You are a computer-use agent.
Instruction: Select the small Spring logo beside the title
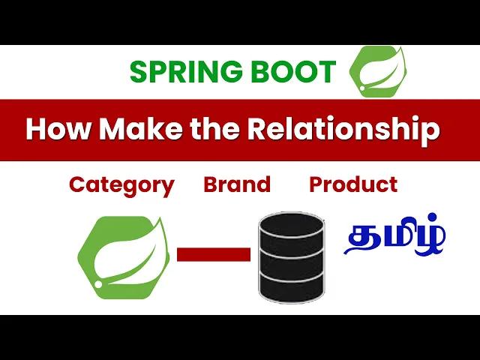(378, 72)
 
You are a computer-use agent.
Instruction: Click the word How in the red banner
(58, 129)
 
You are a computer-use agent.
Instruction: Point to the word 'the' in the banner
(214, 129)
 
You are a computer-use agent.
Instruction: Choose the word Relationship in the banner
(343, 130)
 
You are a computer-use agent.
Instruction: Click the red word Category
(121, 186)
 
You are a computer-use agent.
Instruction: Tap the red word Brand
(237, 184)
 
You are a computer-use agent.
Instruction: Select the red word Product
(353, 184)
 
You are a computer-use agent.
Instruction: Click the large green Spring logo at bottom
(124, 257)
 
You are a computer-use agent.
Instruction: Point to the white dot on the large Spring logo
(98, 284)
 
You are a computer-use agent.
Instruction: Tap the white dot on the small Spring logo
(362, 88)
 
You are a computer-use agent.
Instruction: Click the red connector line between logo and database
(214, 255)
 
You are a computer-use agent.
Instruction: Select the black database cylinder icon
(292, 257)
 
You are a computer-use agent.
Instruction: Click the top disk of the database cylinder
(292, 225)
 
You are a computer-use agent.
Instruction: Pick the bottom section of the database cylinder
(292, 288)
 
